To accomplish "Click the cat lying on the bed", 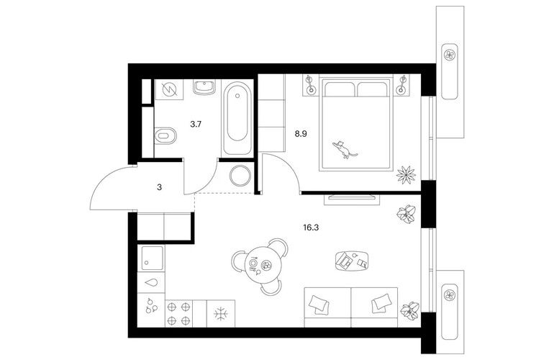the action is click(344, 150).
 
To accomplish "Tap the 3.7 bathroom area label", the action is click(196, 124).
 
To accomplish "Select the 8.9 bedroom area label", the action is click(301, 134).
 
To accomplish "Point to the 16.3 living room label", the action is click(311, 228).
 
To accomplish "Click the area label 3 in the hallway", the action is click(159, 187).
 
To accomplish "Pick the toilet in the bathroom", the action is click(165, 136).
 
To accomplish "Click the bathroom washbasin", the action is click(204, 87).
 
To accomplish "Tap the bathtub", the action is click(237, 119).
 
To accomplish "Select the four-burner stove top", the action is click(178, 313).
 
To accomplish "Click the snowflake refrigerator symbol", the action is click(221, 314).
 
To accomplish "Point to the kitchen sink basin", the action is click(153, 258).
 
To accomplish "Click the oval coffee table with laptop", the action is click(353, 261).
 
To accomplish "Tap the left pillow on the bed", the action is click(340, 89).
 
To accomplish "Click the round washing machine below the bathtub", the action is click(240, 175).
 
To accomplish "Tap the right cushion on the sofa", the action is click(381, 302).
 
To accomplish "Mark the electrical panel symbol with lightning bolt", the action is click(169, 89).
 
